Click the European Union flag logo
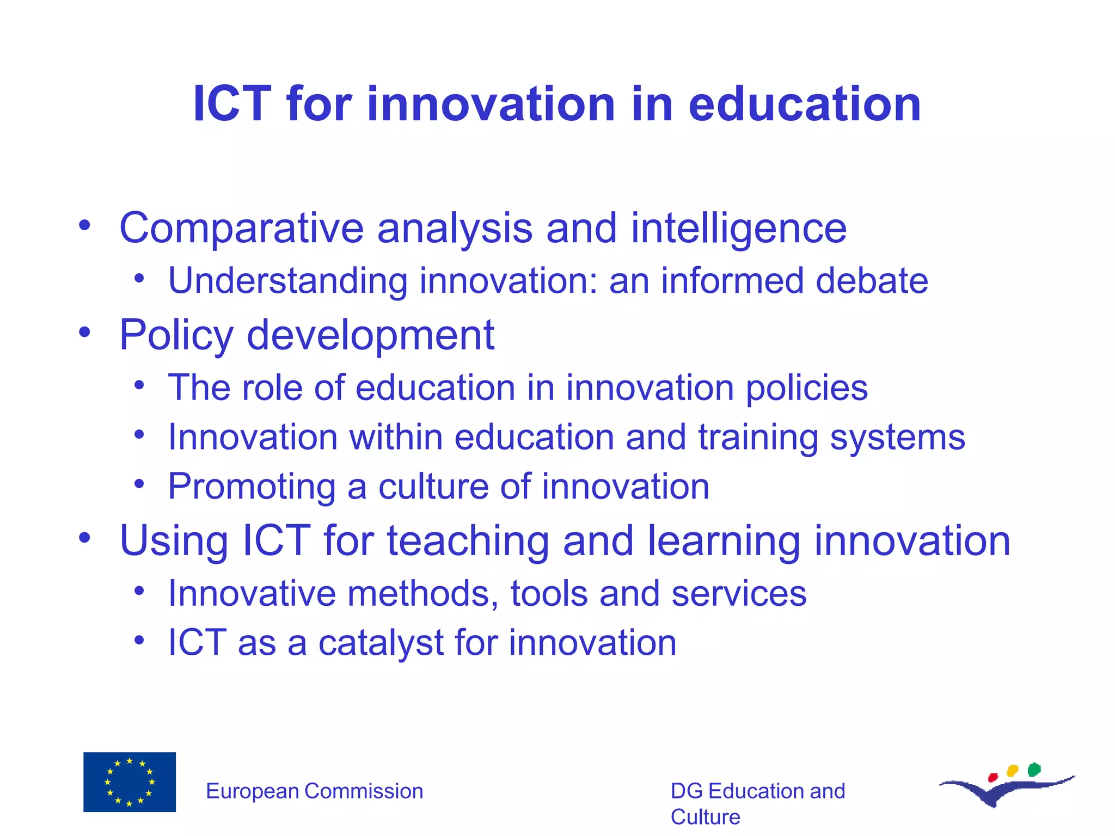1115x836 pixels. (130, 782)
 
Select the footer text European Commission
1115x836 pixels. (314, 791)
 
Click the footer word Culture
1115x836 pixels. (705, 817)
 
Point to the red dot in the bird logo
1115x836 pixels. (993, 777)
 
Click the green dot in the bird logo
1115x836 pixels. (1034, 769)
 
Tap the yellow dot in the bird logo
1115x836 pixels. (1013, 771)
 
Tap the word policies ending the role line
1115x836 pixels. (806, 388)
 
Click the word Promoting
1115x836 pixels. (252, 487)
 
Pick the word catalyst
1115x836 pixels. (381, 643)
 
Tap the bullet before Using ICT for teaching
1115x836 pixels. (84, 538)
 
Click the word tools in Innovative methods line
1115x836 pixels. (549, 593)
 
